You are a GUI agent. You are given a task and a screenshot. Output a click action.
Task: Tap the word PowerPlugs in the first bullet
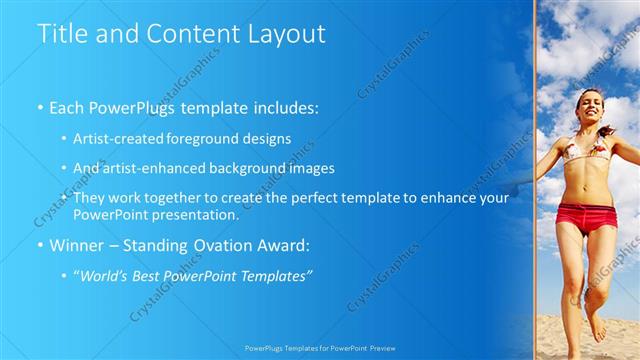[x=129, y=105]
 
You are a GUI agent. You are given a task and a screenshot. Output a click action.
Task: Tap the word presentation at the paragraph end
[x=192, y=215]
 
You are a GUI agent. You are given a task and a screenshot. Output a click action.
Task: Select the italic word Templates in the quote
[x=275, y=275]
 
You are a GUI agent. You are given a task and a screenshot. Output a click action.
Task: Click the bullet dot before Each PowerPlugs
[x=39, y=106]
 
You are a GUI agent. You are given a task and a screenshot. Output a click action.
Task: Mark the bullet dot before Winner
[x=39, y=245]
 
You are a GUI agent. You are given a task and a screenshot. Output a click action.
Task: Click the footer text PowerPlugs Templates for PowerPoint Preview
[x=320, y=349]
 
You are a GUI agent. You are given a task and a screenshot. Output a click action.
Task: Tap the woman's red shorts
[x=586, y=217]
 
